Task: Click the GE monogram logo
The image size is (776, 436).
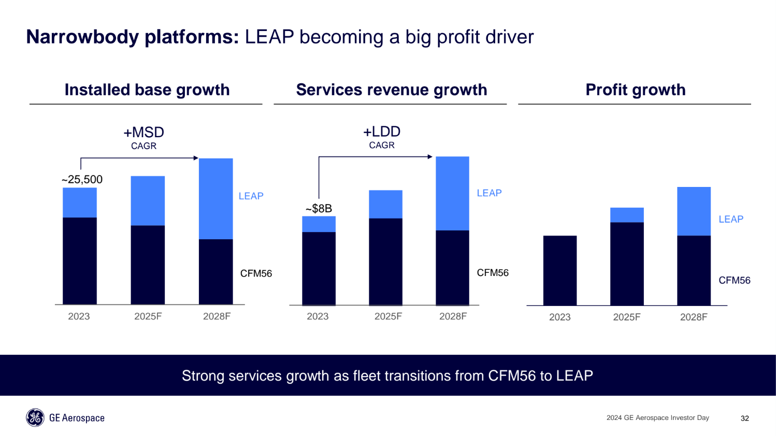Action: pyautogui.click(x=35, y=418)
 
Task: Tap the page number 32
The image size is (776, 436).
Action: pyautogui.click(x=744, y=418)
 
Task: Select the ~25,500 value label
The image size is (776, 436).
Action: pyautogui.click(x=82, y=180)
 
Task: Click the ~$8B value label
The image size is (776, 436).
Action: pyautogui.click(x=319, y=209)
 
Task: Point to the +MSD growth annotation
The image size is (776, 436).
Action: pyautogui.click(x=143, y=133)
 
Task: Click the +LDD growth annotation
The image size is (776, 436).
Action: pyautogui.click(x=382, y=132)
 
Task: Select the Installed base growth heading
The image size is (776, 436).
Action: pyautogui.click(x=147, y=90)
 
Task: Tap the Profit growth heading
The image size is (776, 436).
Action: pyautogui.click(x=635, y=90)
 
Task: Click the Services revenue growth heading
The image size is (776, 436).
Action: pyautogui.click(x=391, y=90)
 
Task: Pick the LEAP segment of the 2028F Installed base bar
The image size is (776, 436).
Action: pyautogui.click(x=215, y=198)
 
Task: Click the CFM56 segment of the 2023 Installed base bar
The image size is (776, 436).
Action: pyautogui.click(x=79, y=260)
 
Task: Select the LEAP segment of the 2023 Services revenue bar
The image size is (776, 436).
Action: pyautogui.click(x=319, y=224)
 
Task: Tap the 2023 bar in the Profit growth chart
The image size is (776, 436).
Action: pyautogui.click(x=559, y=270)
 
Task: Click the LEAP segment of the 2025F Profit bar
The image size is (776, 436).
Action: pyautogui.click(x=627, y=215)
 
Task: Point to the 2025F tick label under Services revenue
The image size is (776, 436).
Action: pyautogui.click(x=388, y=316)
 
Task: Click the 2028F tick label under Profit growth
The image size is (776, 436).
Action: pyautogui.click(x=693, y=317)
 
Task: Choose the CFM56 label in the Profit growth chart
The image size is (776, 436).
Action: pyautogui.click(x=734, y=281)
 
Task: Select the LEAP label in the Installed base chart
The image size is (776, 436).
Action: pyautogui.click(x=251, y=196)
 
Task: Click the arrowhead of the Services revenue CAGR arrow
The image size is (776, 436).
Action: pyautogui.click(x=430, y=156)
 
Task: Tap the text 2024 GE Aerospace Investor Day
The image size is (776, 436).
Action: pyautogui.click(x=657, y=418)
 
